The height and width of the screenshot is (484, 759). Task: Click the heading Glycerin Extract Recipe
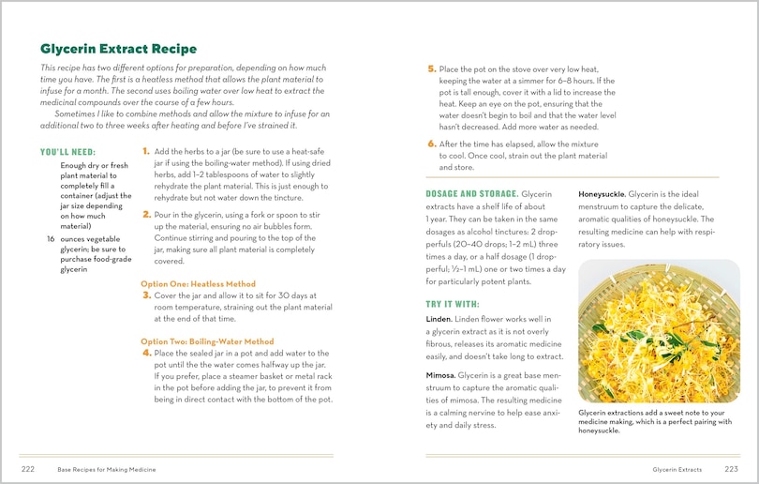pos(118,49)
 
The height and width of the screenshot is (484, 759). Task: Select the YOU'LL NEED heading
pos(67,152)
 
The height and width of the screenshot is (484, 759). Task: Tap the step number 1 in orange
pos(146,151)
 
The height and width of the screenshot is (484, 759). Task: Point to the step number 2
pos(146,214)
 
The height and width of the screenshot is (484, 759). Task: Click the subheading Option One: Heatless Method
pos(198,284)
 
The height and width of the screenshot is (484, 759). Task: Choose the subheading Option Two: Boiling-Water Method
pos(207,341)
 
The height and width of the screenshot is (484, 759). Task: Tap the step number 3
pos(146,295)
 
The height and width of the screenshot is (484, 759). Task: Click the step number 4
pos(146,353)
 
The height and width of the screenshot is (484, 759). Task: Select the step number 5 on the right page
pos(431,69)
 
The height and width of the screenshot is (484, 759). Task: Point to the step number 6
pos(431,144)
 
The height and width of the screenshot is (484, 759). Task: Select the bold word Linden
pos(440,320)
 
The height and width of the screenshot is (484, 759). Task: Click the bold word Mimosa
pos(441,375)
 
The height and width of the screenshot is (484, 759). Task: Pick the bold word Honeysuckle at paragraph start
pos(602,193)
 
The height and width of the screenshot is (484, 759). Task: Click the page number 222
pos(28,468)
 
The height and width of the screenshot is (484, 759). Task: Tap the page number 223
pos(731,468)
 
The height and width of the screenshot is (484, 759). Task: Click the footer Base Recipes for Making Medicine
pos(107,468)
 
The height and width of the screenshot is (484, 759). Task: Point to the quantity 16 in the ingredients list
pos(51,239)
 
